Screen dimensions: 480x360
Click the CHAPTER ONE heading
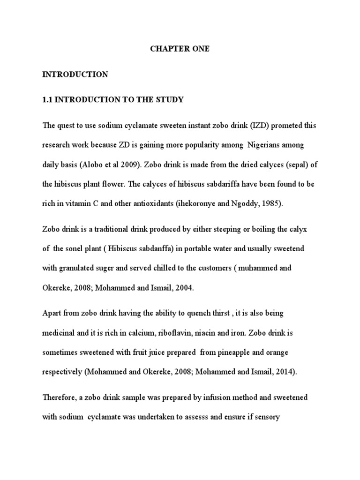tap(180, 49)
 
